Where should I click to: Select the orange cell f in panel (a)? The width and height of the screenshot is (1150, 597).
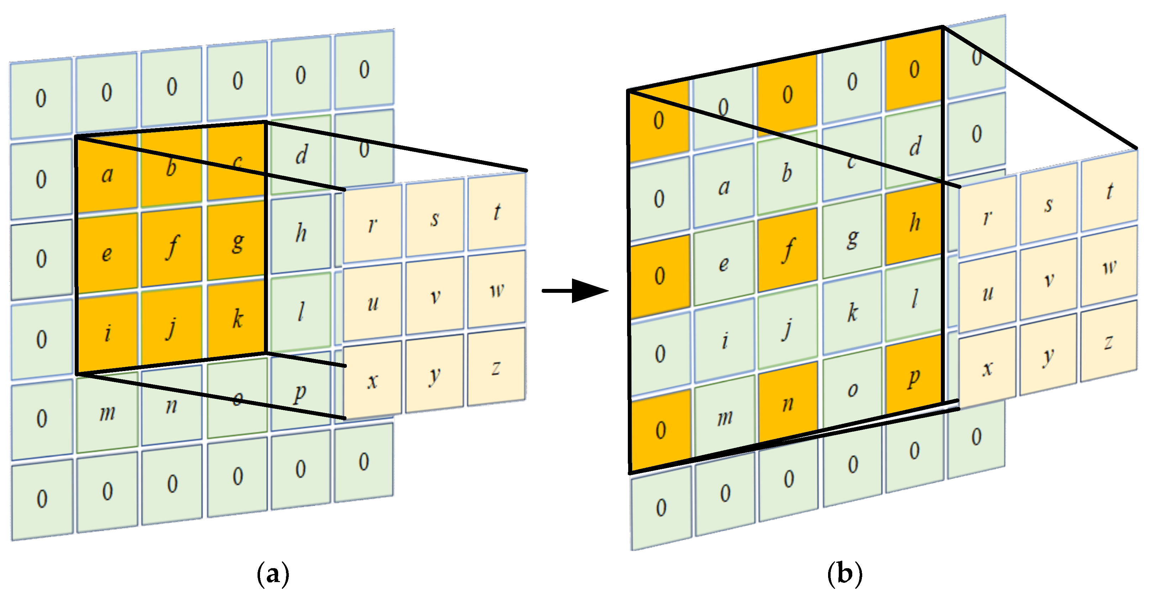coord(171,247)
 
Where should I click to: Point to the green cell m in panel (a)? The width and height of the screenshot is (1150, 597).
coord(107,413)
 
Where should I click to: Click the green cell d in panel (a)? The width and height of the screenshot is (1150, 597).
coord(301,154)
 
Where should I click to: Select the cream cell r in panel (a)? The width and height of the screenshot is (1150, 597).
coord(372,224)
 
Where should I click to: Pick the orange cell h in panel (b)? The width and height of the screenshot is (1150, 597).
coord(914,222)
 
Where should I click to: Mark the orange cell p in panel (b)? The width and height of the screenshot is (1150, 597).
coord(913,378)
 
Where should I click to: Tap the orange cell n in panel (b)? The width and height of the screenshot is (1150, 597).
coord(788,404)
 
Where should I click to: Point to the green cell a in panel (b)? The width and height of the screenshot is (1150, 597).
coord(724,187)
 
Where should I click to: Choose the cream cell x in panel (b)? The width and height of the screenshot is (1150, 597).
coord(987,368)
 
